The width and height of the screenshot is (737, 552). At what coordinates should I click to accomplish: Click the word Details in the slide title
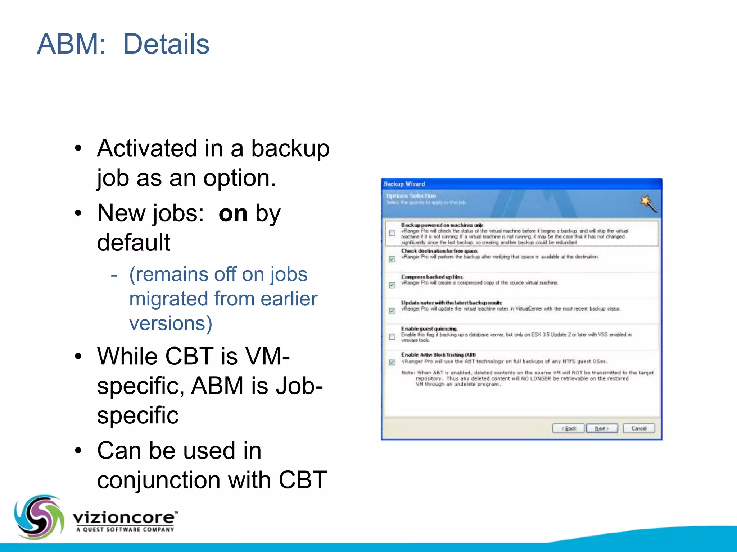166,44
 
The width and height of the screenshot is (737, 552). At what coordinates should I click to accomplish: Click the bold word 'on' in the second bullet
233,213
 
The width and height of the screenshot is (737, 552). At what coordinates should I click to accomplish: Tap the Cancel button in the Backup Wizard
639,428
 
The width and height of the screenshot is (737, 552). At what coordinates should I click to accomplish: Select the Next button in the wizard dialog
601,428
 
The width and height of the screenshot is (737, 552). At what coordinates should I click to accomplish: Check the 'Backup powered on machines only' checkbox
392,233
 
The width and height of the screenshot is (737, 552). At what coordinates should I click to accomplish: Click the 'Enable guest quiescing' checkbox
392,337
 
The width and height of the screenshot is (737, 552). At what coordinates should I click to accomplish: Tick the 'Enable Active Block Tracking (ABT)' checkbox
392,362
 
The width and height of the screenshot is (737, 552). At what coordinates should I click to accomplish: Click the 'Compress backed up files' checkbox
392,285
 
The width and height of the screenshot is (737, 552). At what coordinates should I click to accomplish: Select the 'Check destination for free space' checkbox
392,259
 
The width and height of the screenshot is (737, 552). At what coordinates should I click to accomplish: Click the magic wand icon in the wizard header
648,204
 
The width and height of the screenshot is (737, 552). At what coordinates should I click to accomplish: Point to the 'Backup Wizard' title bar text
404,184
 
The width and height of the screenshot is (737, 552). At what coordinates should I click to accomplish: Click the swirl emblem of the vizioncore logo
39,517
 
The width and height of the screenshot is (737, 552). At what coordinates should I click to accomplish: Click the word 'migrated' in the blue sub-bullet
168,299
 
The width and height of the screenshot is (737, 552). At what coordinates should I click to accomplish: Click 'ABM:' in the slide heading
72,44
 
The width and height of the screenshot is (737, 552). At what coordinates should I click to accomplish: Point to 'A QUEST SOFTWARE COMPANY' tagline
125,529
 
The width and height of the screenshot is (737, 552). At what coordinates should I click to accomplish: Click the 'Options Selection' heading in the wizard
411,196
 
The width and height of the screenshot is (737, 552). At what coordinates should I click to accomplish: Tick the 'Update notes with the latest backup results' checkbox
392,311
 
